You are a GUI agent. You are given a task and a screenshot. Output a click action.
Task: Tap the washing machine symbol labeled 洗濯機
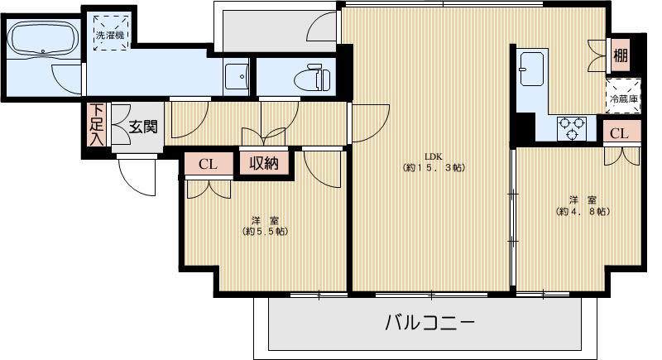coord(108,34)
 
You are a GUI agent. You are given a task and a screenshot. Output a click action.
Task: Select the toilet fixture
coord(312,79)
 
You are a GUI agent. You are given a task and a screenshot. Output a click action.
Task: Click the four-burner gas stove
coord(572,127)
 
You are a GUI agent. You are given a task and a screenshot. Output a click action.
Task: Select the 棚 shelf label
coord(620,55)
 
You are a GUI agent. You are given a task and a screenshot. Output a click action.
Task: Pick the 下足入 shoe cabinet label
coord(97,124)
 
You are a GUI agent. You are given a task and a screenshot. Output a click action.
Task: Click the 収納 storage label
coord(265,163)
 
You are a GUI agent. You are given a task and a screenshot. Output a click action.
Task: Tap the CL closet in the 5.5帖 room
coord(208,164)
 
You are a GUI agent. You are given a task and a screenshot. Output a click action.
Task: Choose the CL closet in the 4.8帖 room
coord(620,133)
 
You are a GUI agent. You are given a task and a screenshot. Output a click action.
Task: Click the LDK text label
coord(434,156)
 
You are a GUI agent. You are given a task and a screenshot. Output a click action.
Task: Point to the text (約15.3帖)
coord(434,168)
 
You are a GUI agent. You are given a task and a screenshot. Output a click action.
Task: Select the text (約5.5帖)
coord(265,232)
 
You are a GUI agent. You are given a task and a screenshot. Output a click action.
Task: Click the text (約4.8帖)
coord(583,212)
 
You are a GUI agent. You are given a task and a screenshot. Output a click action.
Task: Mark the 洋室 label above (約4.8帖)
coord(583,199)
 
